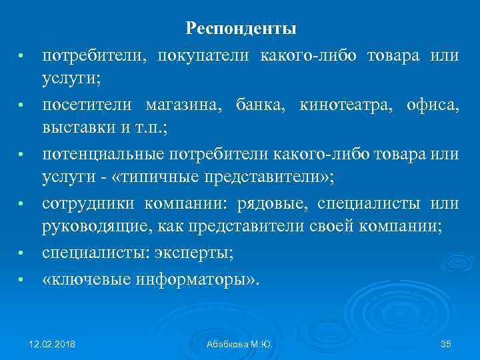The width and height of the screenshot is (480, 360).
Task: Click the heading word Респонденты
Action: pos(241,28)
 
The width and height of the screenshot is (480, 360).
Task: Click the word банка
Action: pos(255,105)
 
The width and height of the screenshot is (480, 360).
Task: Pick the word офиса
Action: pos(431,105)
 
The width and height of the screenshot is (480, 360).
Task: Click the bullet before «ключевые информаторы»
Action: pos(21,279)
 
